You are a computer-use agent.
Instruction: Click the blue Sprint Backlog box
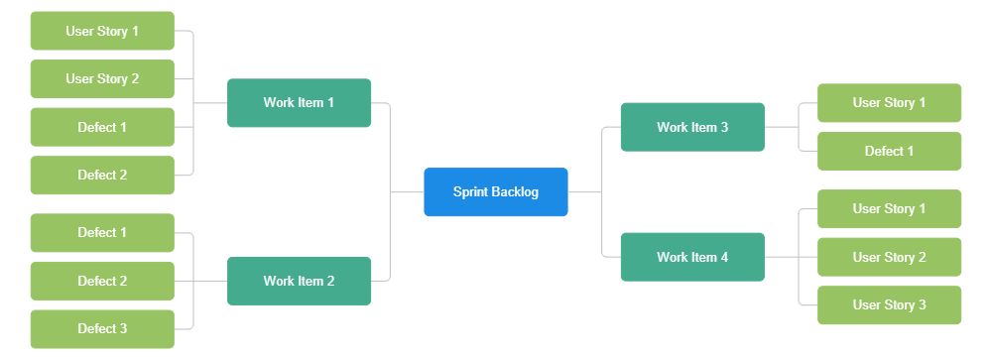point(495,192)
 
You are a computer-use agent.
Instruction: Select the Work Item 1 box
point(299,103)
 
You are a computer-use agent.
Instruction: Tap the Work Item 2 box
point(299,281)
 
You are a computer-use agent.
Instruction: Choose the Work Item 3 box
point(691,127)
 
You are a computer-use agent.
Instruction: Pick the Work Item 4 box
point(691,257)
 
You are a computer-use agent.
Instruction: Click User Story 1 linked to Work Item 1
point(102,31)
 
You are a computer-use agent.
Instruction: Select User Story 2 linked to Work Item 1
point(102,79)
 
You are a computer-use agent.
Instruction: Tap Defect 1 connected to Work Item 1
point(102,127)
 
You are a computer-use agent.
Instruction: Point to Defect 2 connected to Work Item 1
point(102,176)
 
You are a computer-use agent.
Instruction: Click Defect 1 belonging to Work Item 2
point(102,233)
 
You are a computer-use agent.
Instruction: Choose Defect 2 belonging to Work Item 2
point(102,281)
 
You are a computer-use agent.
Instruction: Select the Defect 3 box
point(102,329)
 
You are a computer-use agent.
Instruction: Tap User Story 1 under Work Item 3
point(889,103)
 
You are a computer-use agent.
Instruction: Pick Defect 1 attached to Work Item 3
point(889,151)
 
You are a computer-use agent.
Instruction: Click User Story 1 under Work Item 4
point(889,209)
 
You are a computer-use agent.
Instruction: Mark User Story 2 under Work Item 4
point(889,257)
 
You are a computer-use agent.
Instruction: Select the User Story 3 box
point(889,305)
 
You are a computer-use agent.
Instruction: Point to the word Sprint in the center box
point(471,192)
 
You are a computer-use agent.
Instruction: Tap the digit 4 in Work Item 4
point(724,257)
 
